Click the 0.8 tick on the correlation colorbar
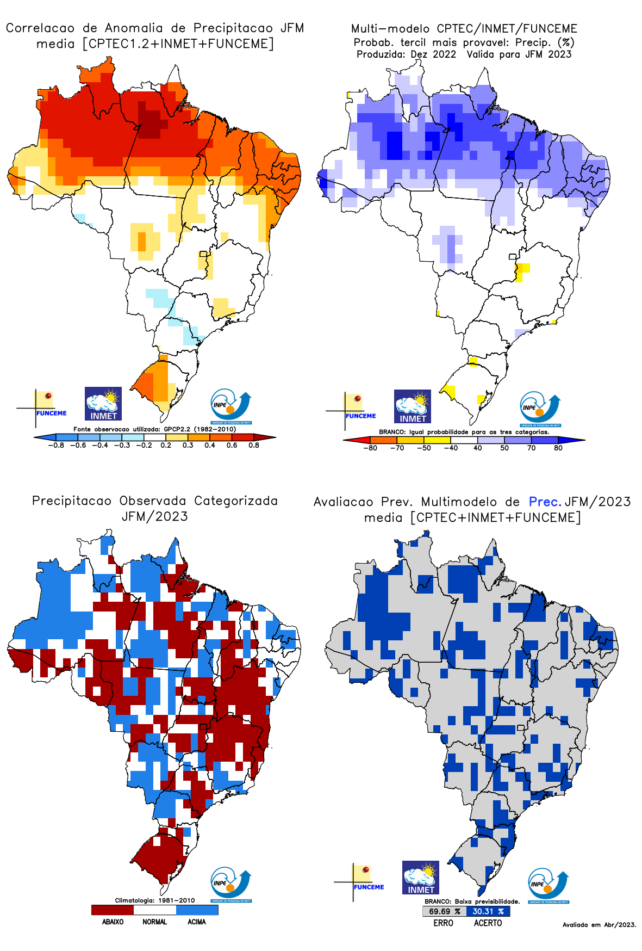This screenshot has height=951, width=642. tap(254, 445)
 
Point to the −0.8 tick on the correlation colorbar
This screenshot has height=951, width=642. tap(55, 445)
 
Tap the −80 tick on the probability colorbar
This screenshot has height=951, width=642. tap(370, 448)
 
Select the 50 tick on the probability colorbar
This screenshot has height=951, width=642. tap(504, 448)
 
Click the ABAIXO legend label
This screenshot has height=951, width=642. tap(113, 922)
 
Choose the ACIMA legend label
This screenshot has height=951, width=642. tap(197, 922)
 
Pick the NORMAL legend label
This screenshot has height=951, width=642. tap(155, 922)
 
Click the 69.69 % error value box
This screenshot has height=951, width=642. tap(444, 911)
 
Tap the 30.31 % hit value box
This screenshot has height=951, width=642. tap(488, 911)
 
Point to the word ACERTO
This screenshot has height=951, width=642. tap(488, 923)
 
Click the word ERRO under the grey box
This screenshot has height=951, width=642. tap(444, 923)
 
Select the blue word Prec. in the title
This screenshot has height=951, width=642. tap(545, 502)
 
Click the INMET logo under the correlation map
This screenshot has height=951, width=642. tap(103, 404)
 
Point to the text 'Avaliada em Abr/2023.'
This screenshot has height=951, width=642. tap(599, 924)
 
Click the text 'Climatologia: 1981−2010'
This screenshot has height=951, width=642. tap(155, 900)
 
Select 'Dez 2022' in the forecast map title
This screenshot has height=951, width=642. tap(433, 54)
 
